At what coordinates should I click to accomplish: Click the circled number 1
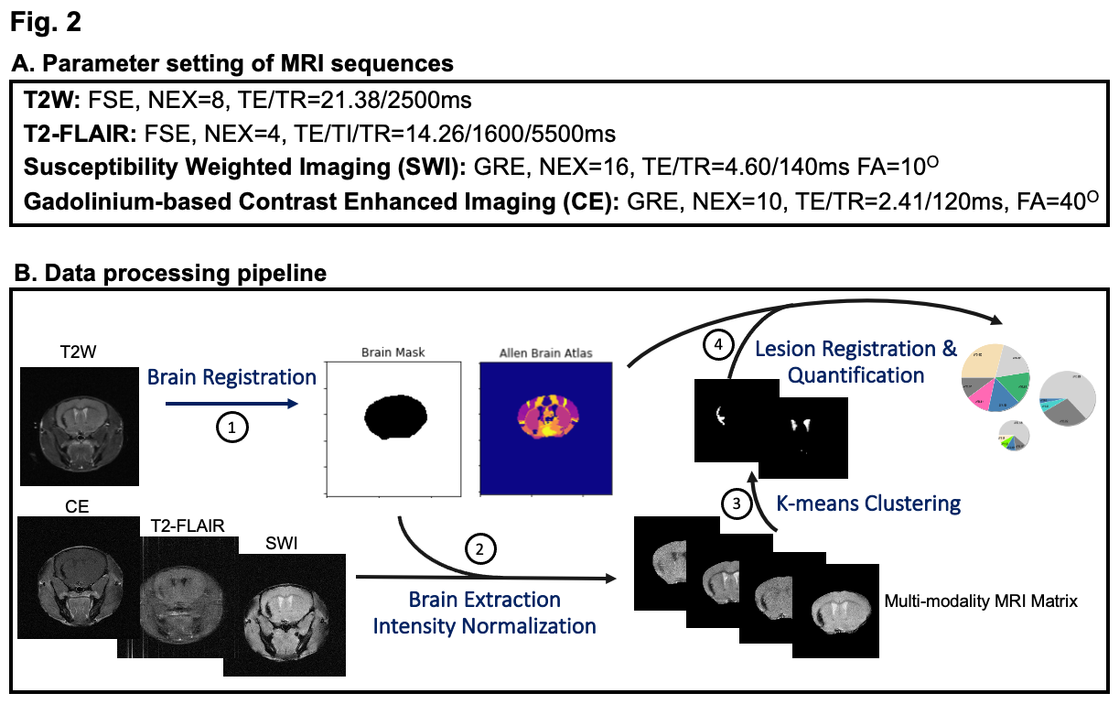coord(232,428)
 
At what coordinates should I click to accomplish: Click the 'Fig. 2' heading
coord(46,23)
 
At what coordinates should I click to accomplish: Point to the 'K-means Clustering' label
coord(867,503)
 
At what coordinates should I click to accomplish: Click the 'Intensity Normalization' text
coord(484,627)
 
